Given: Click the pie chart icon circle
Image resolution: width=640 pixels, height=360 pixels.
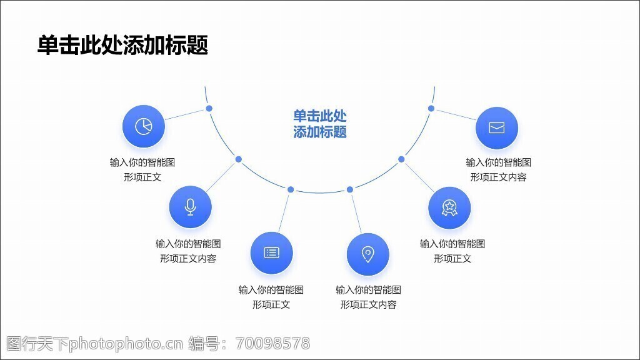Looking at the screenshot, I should click(144, 126).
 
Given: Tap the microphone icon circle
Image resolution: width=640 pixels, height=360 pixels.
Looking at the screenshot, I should click(191, 207).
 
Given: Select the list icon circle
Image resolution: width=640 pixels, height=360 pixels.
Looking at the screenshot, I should click(271, 252).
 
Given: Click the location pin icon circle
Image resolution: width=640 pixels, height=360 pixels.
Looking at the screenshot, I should click(368, 254).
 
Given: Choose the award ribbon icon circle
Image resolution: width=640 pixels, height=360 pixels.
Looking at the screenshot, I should click(449, 207).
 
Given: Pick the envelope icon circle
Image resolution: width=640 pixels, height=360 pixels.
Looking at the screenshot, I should click(497, 128).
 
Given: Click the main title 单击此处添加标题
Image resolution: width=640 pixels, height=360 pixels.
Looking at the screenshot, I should click(122, 45).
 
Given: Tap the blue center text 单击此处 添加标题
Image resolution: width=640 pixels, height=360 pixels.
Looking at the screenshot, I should click(320, 124).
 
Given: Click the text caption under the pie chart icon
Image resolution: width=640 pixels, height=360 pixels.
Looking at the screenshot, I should click(142, 169).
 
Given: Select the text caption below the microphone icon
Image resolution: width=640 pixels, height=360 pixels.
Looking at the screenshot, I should click(188, 251).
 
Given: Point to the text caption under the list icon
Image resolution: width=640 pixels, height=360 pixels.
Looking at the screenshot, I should click(271, 297).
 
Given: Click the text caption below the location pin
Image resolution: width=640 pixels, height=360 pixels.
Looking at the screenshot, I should click(368, 297).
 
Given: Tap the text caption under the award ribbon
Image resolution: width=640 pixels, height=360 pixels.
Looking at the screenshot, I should click(452, 251).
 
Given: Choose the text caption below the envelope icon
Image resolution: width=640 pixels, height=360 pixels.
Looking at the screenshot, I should click(499, 169).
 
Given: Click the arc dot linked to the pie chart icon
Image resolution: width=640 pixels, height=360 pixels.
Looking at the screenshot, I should click(209, 109).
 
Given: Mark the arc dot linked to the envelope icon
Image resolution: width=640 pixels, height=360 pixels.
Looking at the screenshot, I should click(431, 109).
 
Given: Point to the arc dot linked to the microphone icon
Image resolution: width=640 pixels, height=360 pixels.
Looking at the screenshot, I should click(238, 159).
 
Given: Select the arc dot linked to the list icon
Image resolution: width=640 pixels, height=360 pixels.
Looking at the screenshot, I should click(291, 189).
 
